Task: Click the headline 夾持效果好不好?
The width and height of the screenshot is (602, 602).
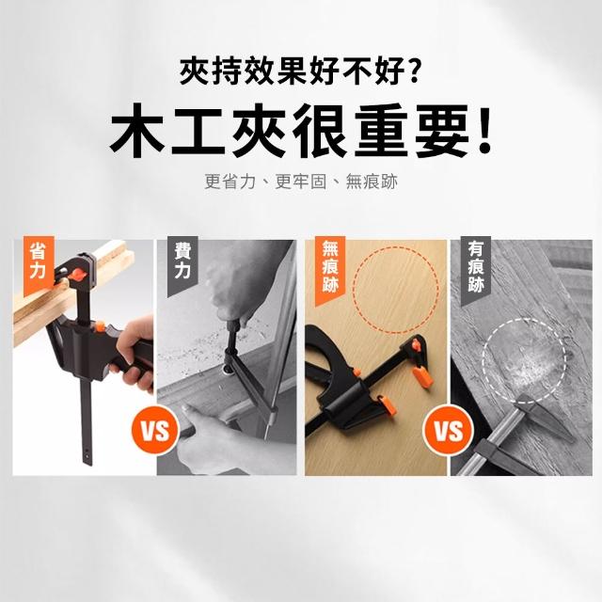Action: pyautogui.click(x=299, y=71)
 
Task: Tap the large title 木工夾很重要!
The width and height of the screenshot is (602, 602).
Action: pyautogui.click(x=301, y=131)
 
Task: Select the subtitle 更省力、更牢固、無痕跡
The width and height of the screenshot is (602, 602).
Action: pyautogui.click(x=301, y=182)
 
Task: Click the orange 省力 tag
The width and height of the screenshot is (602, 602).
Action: pyautogui.click(x=38, y=265)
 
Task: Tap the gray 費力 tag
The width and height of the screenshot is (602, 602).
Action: pyautogui.click(x=182, y=265)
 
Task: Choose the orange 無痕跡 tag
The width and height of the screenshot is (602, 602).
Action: pyautogui.click(x=330, y=270)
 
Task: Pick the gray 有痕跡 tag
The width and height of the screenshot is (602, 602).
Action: pyautogui.click(x=476, y=270)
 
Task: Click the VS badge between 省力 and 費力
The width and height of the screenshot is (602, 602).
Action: pyautogui.click(x=155, y=430)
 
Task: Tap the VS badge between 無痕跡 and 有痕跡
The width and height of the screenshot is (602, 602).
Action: pyautogui.click(x=448, y=430)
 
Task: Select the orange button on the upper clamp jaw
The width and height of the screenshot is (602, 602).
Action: pyautogui.click(x=77, y=274)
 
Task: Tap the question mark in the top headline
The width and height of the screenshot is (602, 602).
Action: pyautogui.click(x=412, y=71)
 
